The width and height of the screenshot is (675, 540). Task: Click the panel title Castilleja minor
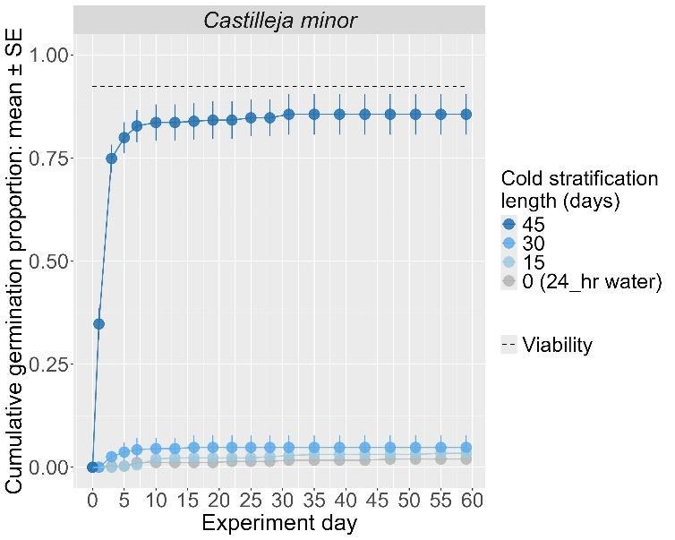(x=279, y=20)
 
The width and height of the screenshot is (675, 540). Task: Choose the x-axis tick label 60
(x=472, y=499)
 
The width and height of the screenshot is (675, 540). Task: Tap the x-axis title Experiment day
(x=279, y=523)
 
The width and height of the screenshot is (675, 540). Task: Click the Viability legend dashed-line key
(x=509, y=345)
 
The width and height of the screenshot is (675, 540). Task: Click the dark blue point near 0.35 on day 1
(x=98, y=323)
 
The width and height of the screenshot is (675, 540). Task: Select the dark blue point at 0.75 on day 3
(x=112, y=159)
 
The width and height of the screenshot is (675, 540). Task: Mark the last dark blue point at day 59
(x=466, y=115)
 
